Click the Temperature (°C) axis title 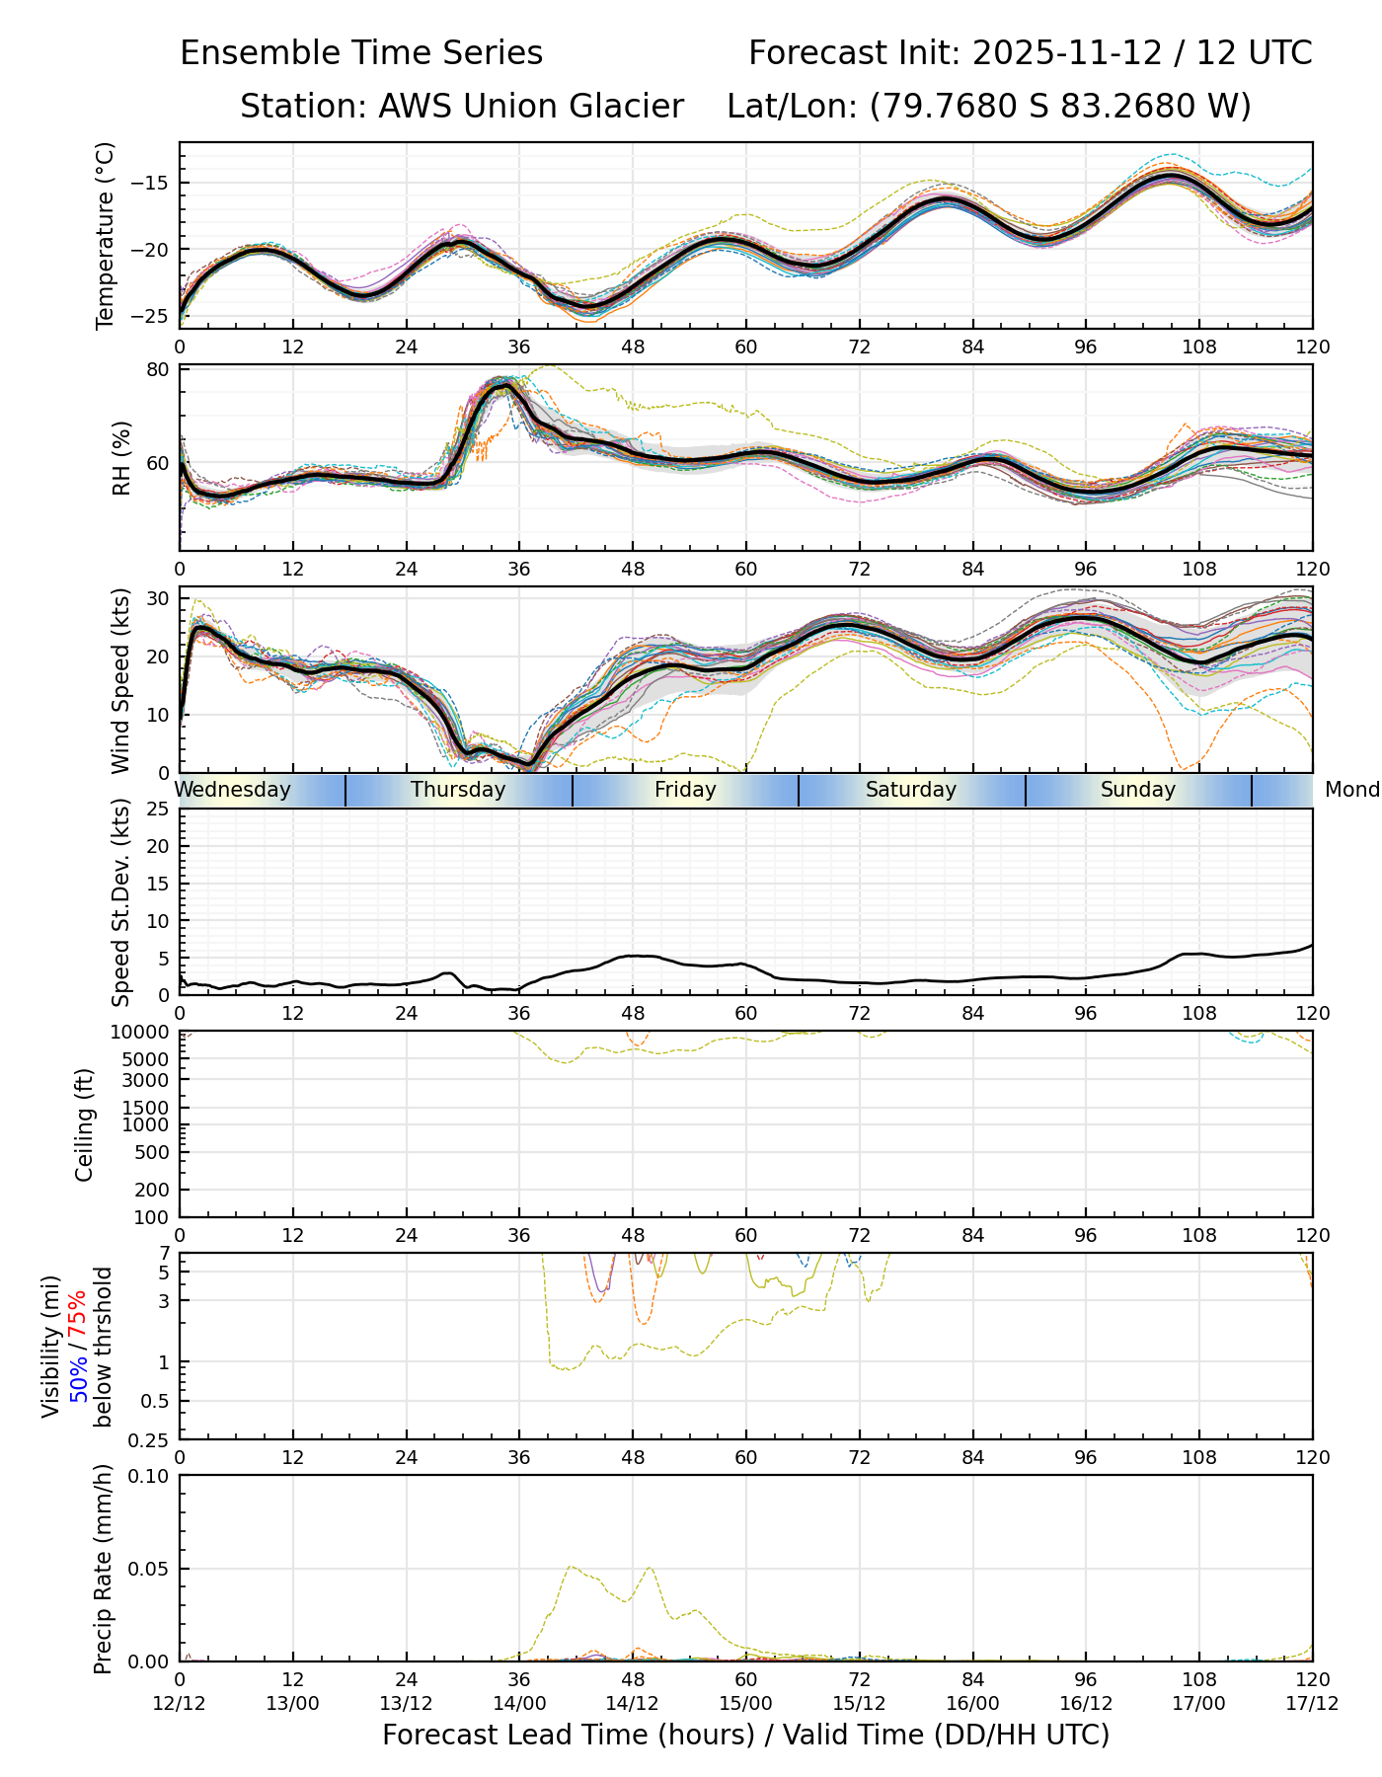tap(106, 235)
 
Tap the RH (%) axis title tap(122, 458)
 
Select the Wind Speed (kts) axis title tap(120, 680)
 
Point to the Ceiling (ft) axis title tap(85, 1124)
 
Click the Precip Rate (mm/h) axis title tap(103, 1568)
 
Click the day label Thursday tap(458, 790)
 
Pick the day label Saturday tap(911, 790)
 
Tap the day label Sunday tap(1138, 790)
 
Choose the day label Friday tap(685, 790)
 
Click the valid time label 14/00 tap(519, 1703)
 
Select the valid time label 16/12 tap(1086, 1703)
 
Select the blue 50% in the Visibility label tap(78, 1375)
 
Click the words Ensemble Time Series tap(361, 53)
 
